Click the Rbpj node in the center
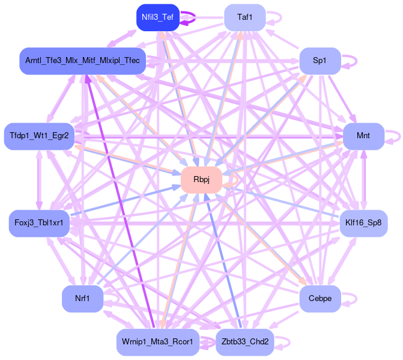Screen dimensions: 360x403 [201, 180]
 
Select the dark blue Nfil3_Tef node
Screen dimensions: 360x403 [157, 17]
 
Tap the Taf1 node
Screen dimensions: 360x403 [244, 17]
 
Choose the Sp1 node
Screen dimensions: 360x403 [320, 61]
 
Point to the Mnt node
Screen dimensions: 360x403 [363, 136]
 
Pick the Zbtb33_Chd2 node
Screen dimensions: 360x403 [244, 342]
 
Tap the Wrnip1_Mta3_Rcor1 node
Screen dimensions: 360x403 [157, 342]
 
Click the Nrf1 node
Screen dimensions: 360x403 [82, 299]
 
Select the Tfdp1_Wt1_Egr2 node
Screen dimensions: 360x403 [39, 136]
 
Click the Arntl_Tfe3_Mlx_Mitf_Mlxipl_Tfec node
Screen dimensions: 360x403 [82, 61]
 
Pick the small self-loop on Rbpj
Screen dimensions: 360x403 [236, 180]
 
